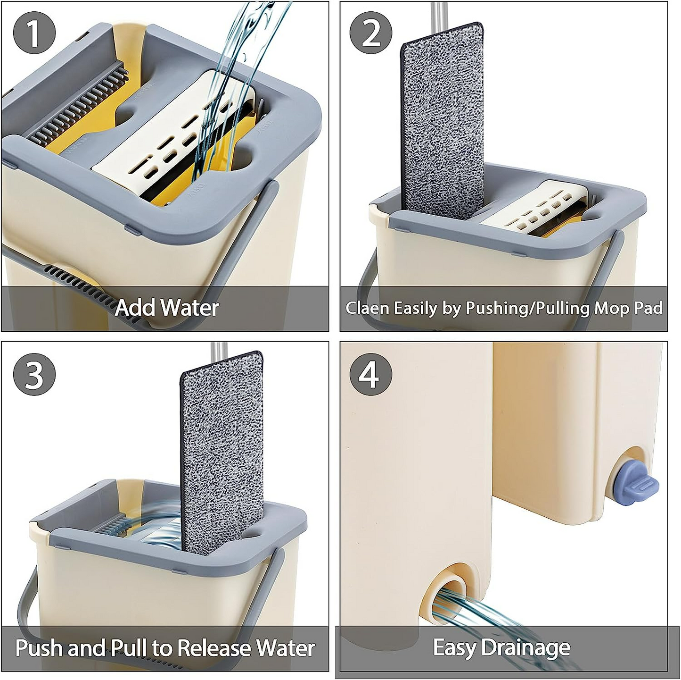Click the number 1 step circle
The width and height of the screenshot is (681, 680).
pos(34,33)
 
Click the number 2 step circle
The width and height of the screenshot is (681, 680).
pos(371,33)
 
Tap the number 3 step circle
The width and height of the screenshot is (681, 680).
pos(34,375)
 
